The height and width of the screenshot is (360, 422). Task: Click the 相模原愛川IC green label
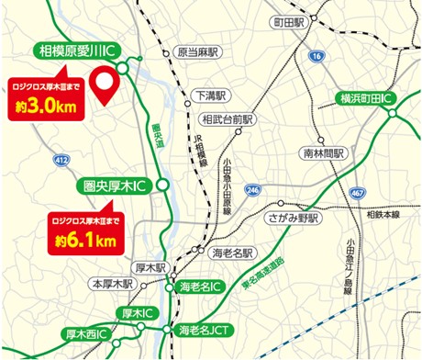click(x=78, y=50)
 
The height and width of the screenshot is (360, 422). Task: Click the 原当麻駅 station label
click(x=195, y=53)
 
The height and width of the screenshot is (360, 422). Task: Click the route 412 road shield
click(x=61, y=160)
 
